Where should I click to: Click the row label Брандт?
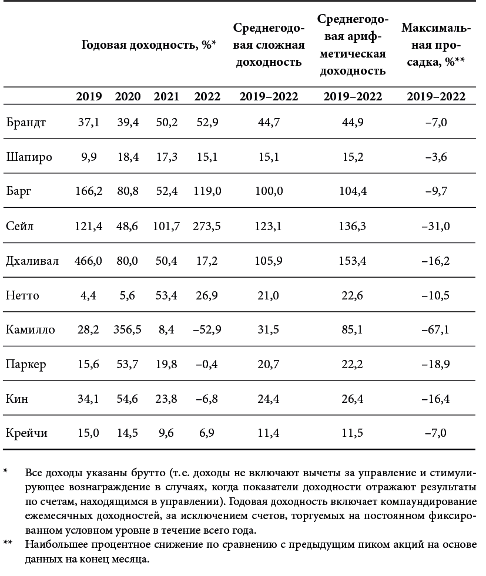(26, 123)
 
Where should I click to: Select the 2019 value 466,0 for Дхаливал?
(88, 261)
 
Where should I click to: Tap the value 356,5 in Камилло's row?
(128, 329)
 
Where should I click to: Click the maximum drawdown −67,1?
(435, 329)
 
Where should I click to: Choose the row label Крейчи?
(26, 433)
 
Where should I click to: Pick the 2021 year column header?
(166, 97)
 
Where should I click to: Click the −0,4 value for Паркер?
(207, 364)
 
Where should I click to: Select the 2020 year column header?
(128, 97)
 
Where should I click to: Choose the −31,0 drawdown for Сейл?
(435, 226)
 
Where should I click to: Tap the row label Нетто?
(23, 295)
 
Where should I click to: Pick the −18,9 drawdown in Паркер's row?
(435, 364)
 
